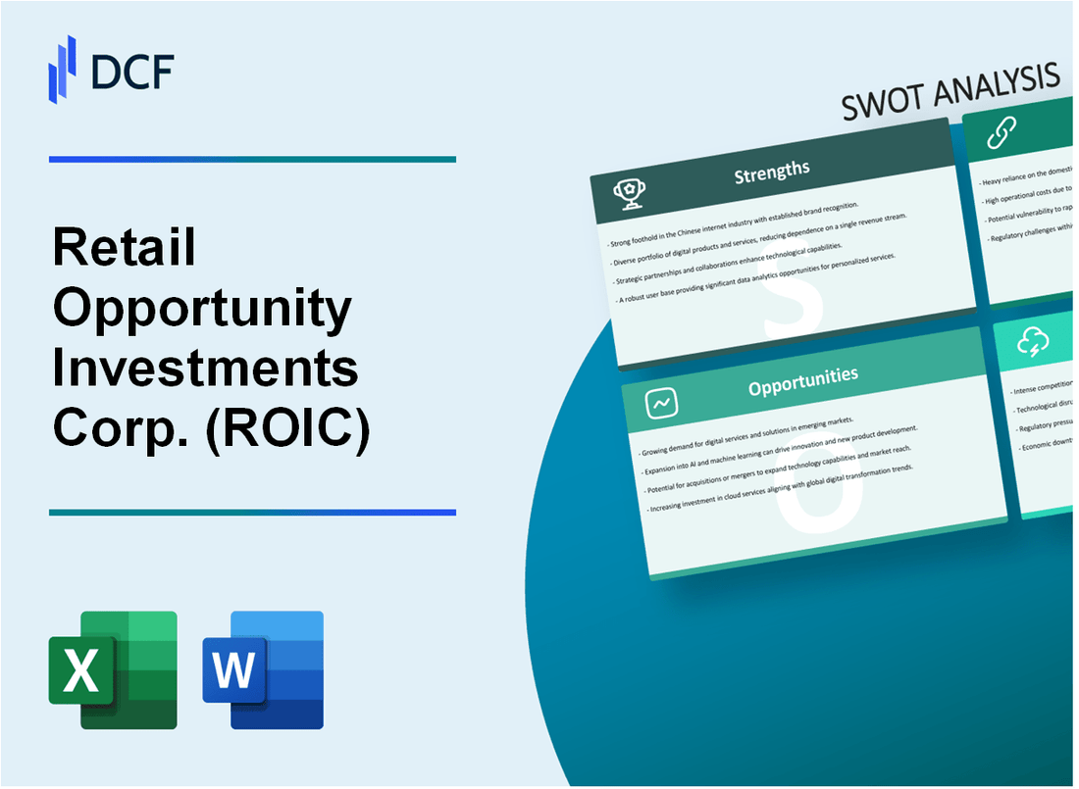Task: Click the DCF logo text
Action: (x=133, y=73)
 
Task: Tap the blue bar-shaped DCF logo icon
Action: (x=63, y=69)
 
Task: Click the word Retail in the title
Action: (x=125, y=250)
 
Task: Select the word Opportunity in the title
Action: (x=201, y=310)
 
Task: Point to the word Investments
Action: (x=205, y=370)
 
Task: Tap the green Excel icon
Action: (x=113, y=670)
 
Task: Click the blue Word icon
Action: (x=263, y=670)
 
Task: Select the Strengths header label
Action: (x=772, y=173)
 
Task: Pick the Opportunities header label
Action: (x=802, y=376)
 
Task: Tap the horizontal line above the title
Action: (x=252, y=159)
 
